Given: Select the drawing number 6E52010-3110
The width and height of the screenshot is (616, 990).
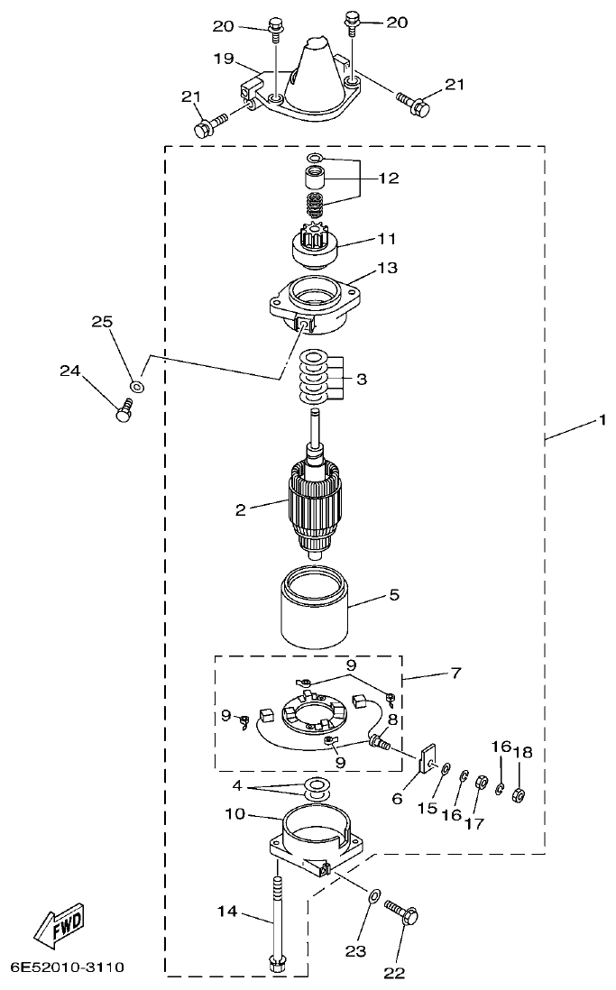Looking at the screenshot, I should (x=68, y=967).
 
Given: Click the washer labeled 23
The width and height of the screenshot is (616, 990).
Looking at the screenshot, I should (x=373, y=897).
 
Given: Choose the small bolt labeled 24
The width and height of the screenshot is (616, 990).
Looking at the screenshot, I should (x=124, y=410).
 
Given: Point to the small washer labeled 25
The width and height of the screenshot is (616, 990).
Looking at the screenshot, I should (x=136, y=386).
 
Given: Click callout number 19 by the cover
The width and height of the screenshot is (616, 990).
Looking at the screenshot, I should (x=224, y=60).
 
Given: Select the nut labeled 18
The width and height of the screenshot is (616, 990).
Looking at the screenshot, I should (x=519, y=794).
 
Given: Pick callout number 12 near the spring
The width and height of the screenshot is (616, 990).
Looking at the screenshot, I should (x=388, y=179).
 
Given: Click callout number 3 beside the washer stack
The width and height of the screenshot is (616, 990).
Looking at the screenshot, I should (x=361, y=380).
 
